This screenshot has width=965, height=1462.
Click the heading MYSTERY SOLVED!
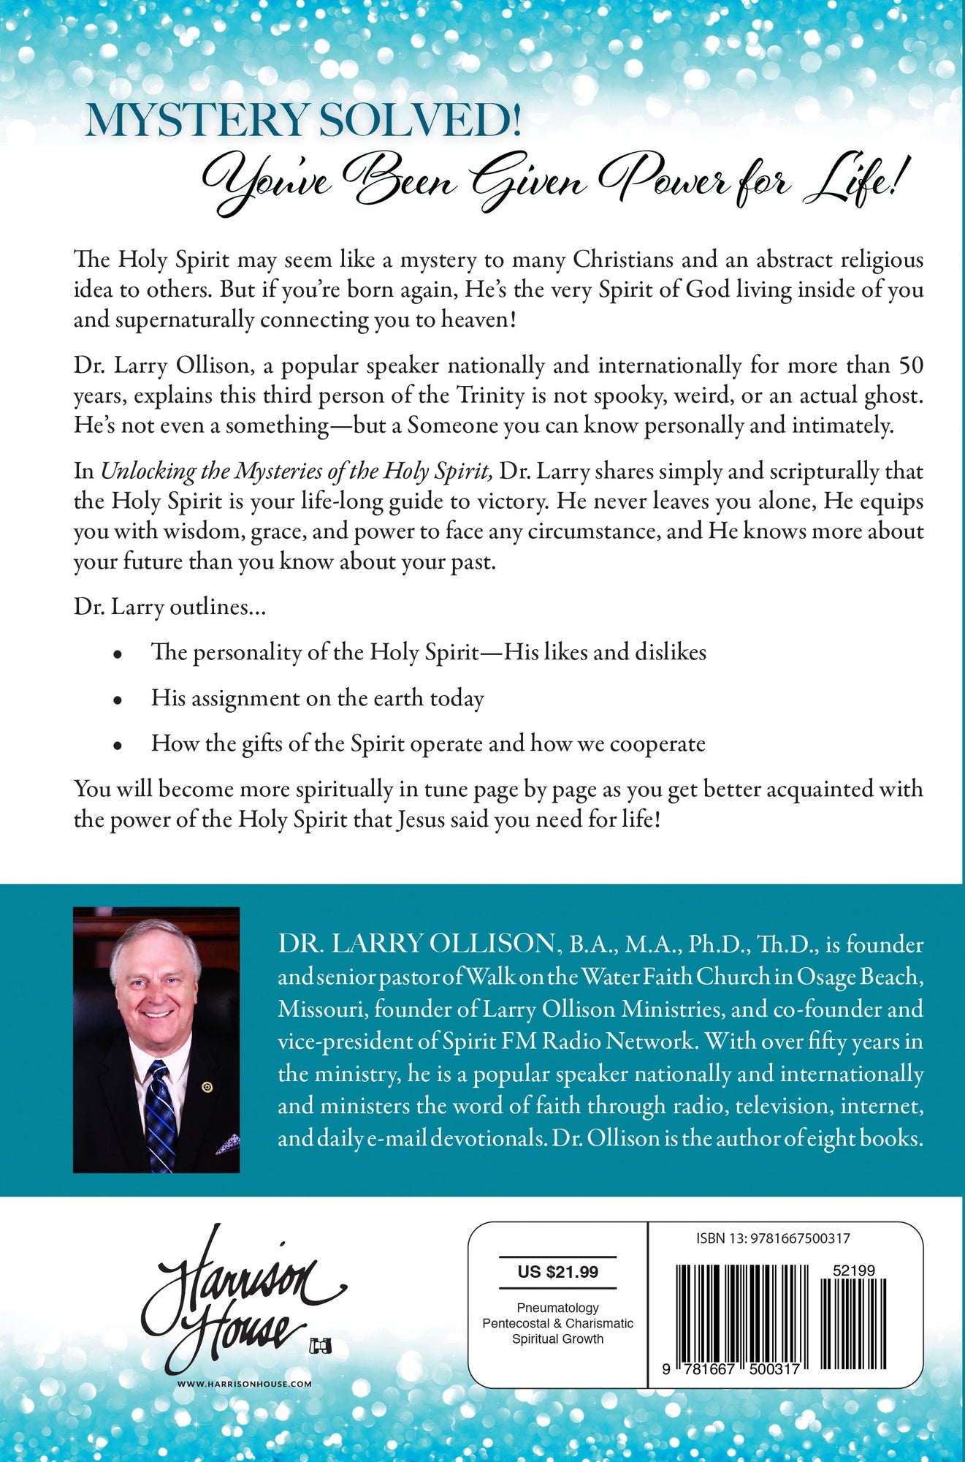point(303,121)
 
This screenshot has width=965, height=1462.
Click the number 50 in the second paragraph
point(909,365)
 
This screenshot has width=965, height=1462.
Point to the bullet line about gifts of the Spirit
point(428,743)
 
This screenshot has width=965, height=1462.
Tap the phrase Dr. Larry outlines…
point(169,607)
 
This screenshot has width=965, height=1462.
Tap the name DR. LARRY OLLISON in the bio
point(416,944)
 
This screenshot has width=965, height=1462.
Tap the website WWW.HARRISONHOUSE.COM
point(244,1384)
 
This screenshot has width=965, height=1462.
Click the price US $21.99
point(557,1272)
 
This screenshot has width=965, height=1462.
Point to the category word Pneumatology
point(557,1308)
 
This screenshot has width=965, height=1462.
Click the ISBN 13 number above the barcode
point(773,1238)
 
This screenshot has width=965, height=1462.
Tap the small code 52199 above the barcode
point(853,1270)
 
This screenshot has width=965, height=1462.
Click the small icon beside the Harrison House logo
point(319,1345)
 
